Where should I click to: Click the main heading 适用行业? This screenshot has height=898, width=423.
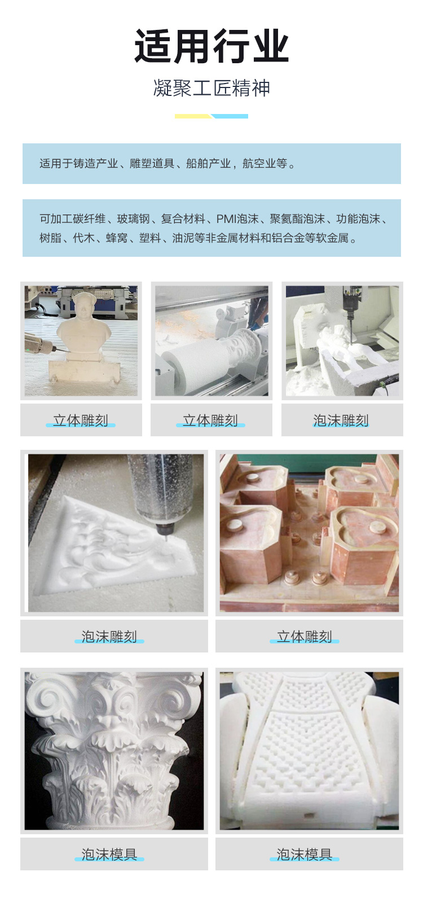tap(211, 46)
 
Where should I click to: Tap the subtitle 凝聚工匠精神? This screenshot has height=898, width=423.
tap(211, 88)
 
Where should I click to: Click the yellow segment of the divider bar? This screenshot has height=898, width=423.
tap(193, 116)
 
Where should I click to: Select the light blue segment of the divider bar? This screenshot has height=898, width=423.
tap(230, 116)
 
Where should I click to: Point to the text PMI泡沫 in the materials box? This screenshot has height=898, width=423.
tap(237, 219)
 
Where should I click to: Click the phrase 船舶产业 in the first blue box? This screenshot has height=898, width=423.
tap(208, 164)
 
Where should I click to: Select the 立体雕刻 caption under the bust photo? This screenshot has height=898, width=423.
tap(81, 420)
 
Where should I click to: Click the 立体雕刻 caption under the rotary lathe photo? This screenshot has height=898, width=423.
tap(210, 420)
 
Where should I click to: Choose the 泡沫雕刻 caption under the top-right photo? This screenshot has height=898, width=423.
tap(341, 420)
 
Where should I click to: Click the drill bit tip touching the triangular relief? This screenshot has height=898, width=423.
tap(164, 540)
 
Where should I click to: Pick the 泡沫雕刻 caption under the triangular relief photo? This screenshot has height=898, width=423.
tap(109, 636)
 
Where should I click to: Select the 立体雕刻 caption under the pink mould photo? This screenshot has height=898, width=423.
tap(305, 636)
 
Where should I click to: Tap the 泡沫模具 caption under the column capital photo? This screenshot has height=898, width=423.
tap(109, 855)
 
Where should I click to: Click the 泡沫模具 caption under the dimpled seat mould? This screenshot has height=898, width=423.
tap(305, 855)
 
